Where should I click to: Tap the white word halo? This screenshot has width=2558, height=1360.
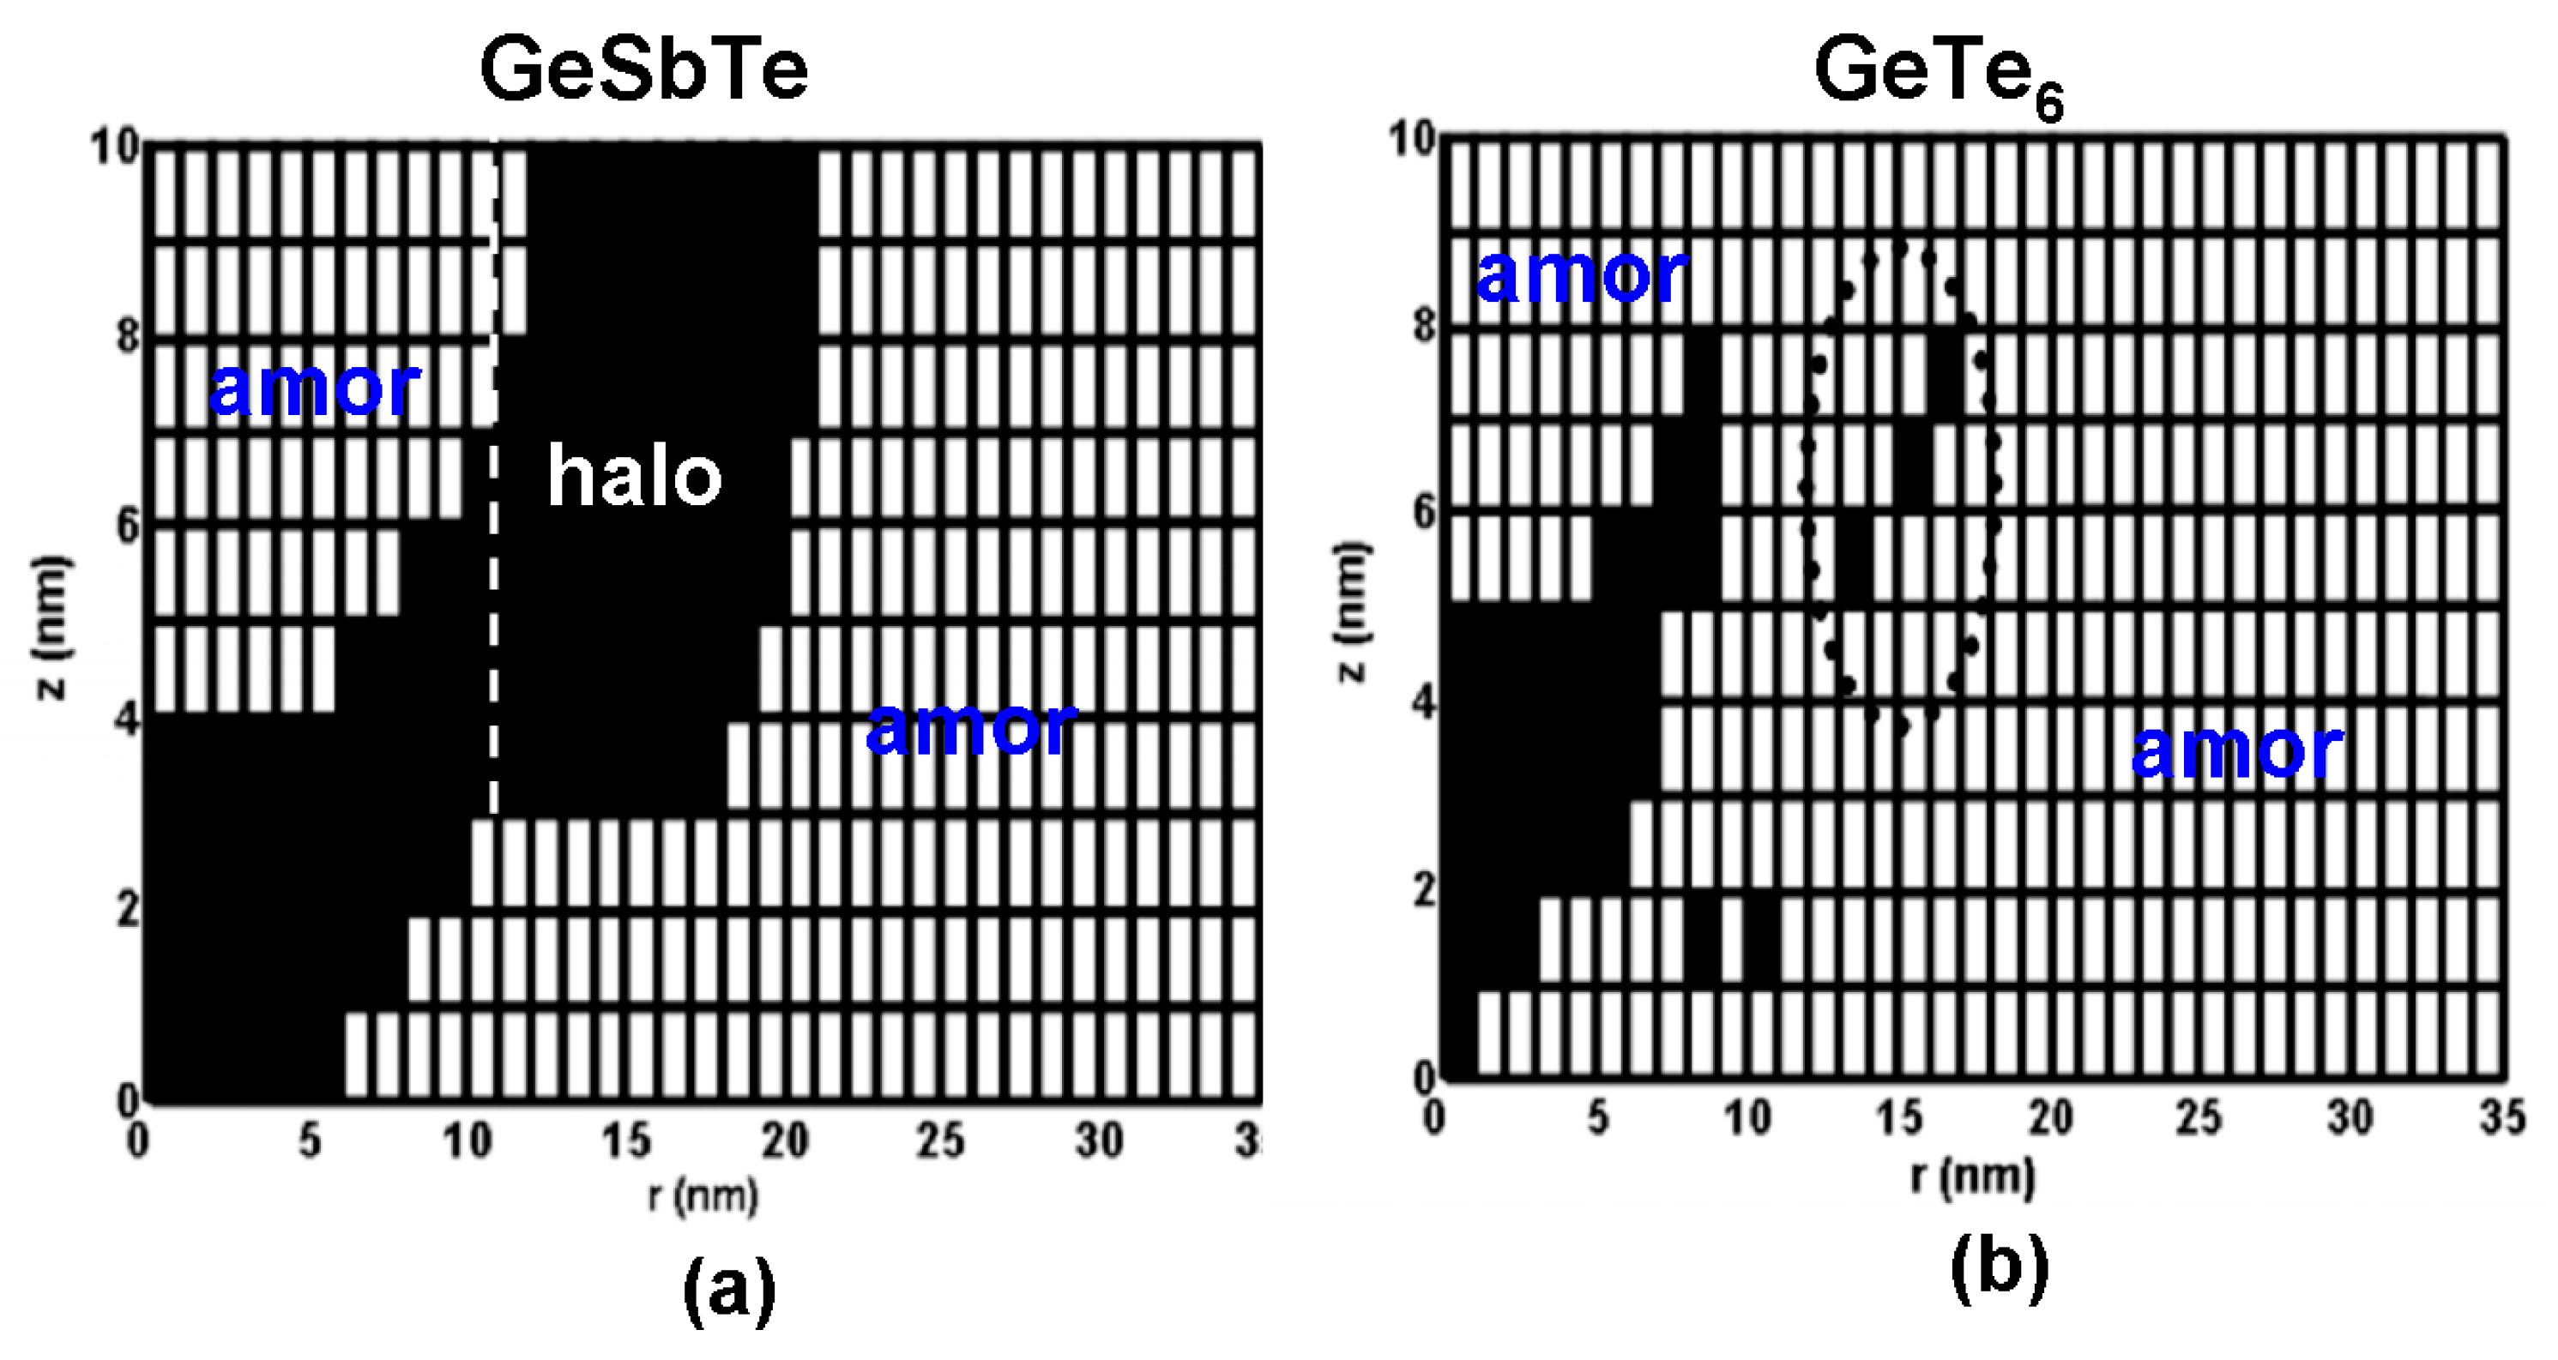click(634, 478)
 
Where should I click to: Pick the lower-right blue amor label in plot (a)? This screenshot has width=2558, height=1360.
click(971, 728)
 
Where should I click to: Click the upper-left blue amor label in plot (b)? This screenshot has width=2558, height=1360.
click(1581, 275)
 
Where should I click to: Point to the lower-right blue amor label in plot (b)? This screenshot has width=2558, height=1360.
click(2236, 750)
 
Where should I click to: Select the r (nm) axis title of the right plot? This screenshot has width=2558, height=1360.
click(1972, 1176)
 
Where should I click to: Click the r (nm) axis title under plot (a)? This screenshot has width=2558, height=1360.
click(703, 1195)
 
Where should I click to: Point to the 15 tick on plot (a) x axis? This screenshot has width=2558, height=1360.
click(625, 1141)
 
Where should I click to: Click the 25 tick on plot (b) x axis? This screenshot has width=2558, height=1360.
click(2199, 1119)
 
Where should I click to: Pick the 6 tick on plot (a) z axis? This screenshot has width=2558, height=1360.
click(127, 527)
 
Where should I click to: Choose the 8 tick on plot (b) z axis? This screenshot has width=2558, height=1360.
click(1425, 326)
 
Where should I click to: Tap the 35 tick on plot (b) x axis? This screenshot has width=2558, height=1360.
click(2501, 1119)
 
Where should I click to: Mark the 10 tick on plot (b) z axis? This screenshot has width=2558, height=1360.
click(1412, 139)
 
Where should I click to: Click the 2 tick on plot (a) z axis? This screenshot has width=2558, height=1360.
click(127, 909)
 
